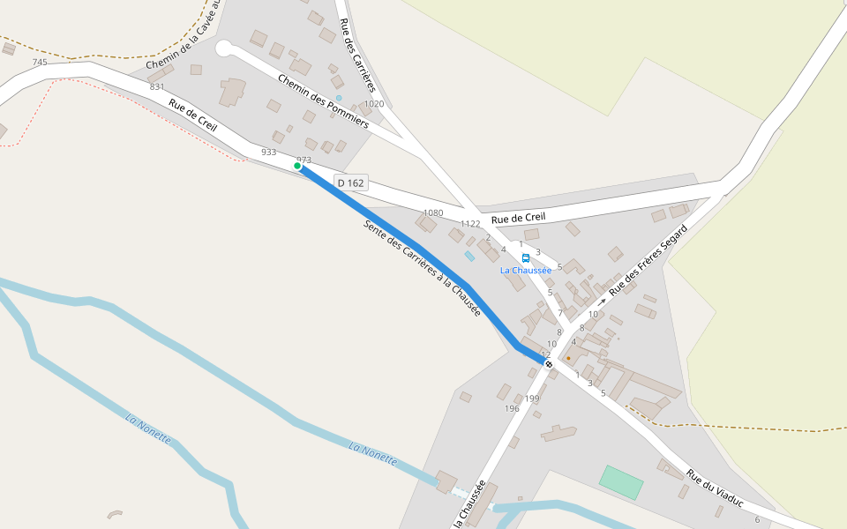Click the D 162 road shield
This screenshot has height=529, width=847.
351,183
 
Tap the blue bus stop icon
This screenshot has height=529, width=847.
526,258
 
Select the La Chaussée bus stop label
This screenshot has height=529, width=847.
526,271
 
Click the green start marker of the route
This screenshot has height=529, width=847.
298,166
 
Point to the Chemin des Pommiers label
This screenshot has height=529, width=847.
322,101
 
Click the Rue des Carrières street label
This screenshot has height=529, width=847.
356,55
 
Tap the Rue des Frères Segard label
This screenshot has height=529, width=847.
648,259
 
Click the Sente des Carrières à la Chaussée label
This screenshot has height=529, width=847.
422,268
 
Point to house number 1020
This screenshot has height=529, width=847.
374,104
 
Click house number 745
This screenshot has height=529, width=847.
40,63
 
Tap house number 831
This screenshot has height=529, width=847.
157,87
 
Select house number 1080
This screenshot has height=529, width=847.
433,213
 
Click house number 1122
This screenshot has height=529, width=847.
470,224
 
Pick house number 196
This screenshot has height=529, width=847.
512,409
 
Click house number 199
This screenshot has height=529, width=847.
532,399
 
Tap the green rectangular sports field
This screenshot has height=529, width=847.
621,482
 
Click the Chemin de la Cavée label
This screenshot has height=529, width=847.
182,40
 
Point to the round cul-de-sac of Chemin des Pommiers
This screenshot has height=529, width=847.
223,48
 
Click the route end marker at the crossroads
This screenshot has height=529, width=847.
549,363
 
